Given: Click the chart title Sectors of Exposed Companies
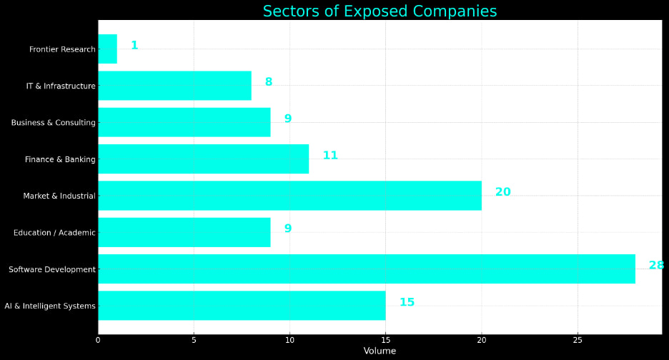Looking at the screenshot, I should pos(380,11).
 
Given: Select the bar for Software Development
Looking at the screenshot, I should pos(366,269).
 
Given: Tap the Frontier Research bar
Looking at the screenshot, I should pos(107,49).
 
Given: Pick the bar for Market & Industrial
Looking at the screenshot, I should pos(289,196).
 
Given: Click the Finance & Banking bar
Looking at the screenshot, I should pos(203,159).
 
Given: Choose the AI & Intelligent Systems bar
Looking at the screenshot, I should pos(242,306).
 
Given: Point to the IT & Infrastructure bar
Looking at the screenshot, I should pos(174,86).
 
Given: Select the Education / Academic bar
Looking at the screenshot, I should pos(184,232).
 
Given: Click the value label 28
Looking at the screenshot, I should pos(656,266).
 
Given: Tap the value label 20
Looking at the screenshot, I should pos(502,192).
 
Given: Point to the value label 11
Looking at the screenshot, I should pos(330,156).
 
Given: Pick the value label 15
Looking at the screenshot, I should pos(407,303).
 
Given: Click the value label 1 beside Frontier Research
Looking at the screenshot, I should pos(134,46).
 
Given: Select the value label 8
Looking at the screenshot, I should pos(269,82).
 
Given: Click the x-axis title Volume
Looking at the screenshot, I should pos(380,351).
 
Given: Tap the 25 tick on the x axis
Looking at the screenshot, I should pos(578,340).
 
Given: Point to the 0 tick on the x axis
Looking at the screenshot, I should pos(98,340).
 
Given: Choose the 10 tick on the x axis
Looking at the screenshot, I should pos(289,340).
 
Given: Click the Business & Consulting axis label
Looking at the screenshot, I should pos(54,123).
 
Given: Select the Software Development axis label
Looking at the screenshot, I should pos(52,269).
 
